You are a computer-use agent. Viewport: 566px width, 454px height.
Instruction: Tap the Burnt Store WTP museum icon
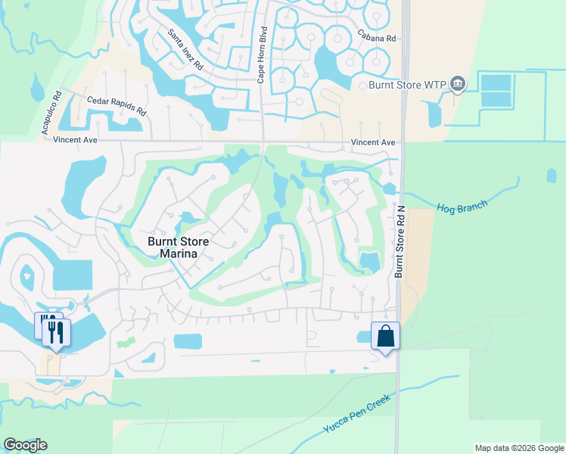pos(457,83)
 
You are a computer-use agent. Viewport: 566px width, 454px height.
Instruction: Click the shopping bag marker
pos(385,335)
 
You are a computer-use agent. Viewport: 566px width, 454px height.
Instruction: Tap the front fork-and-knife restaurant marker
pos(57,332)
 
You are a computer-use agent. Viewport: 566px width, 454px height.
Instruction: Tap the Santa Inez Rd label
pos(185,50)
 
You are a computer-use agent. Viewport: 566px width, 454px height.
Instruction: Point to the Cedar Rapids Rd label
pos(117,104)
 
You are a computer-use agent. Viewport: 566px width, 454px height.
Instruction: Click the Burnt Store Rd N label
pos(399,245)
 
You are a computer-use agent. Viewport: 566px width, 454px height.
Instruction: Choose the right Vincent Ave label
pos(373,142)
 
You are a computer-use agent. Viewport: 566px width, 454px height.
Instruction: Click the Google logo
pos(25,445)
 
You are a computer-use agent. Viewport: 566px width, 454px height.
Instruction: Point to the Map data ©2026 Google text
pos(518,448)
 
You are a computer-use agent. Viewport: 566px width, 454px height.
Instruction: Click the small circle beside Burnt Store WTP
pos(363,86)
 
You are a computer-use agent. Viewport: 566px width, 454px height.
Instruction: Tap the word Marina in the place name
pos(179,255)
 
